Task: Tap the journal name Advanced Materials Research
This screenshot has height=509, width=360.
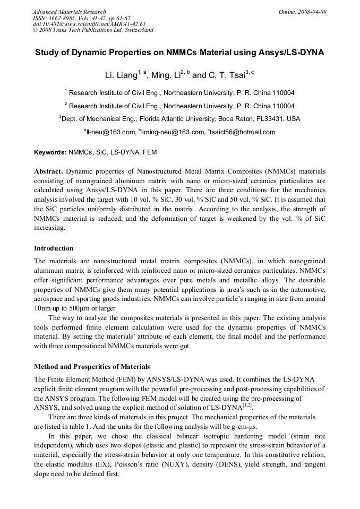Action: tap(69, 11)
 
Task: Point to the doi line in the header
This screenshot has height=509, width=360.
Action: tap(89, 24)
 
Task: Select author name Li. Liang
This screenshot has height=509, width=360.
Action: tap(120, 75)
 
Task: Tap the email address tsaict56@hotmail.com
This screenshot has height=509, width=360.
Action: tap(243, 132)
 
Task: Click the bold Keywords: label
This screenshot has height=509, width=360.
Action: tap(50, 152)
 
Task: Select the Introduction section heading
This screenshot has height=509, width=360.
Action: tap(54, 248)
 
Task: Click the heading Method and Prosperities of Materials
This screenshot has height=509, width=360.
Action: tap(92, 366)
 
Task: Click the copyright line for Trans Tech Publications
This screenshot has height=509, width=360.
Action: tap(93, 30)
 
